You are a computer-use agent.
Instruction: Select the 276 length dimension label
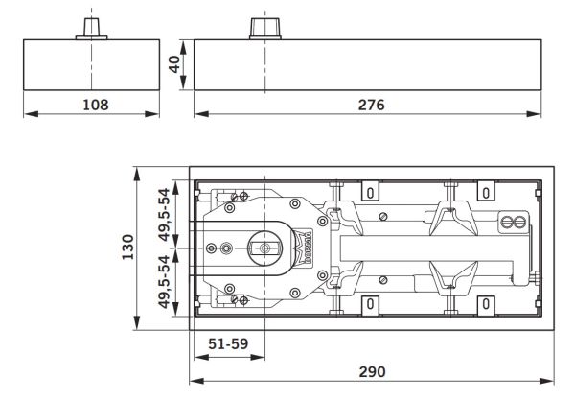pyautogui.click(x=367, y=104)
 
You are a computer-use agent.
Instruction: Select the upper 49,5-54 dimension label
pyautogui.click(x=165, y=215)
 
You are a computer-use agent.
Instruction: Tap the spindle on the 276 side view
pyautogui.click(x=262, y=27)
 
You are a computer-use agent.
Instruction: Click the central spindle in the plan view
pyautogui.click(x=261, y=248)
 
